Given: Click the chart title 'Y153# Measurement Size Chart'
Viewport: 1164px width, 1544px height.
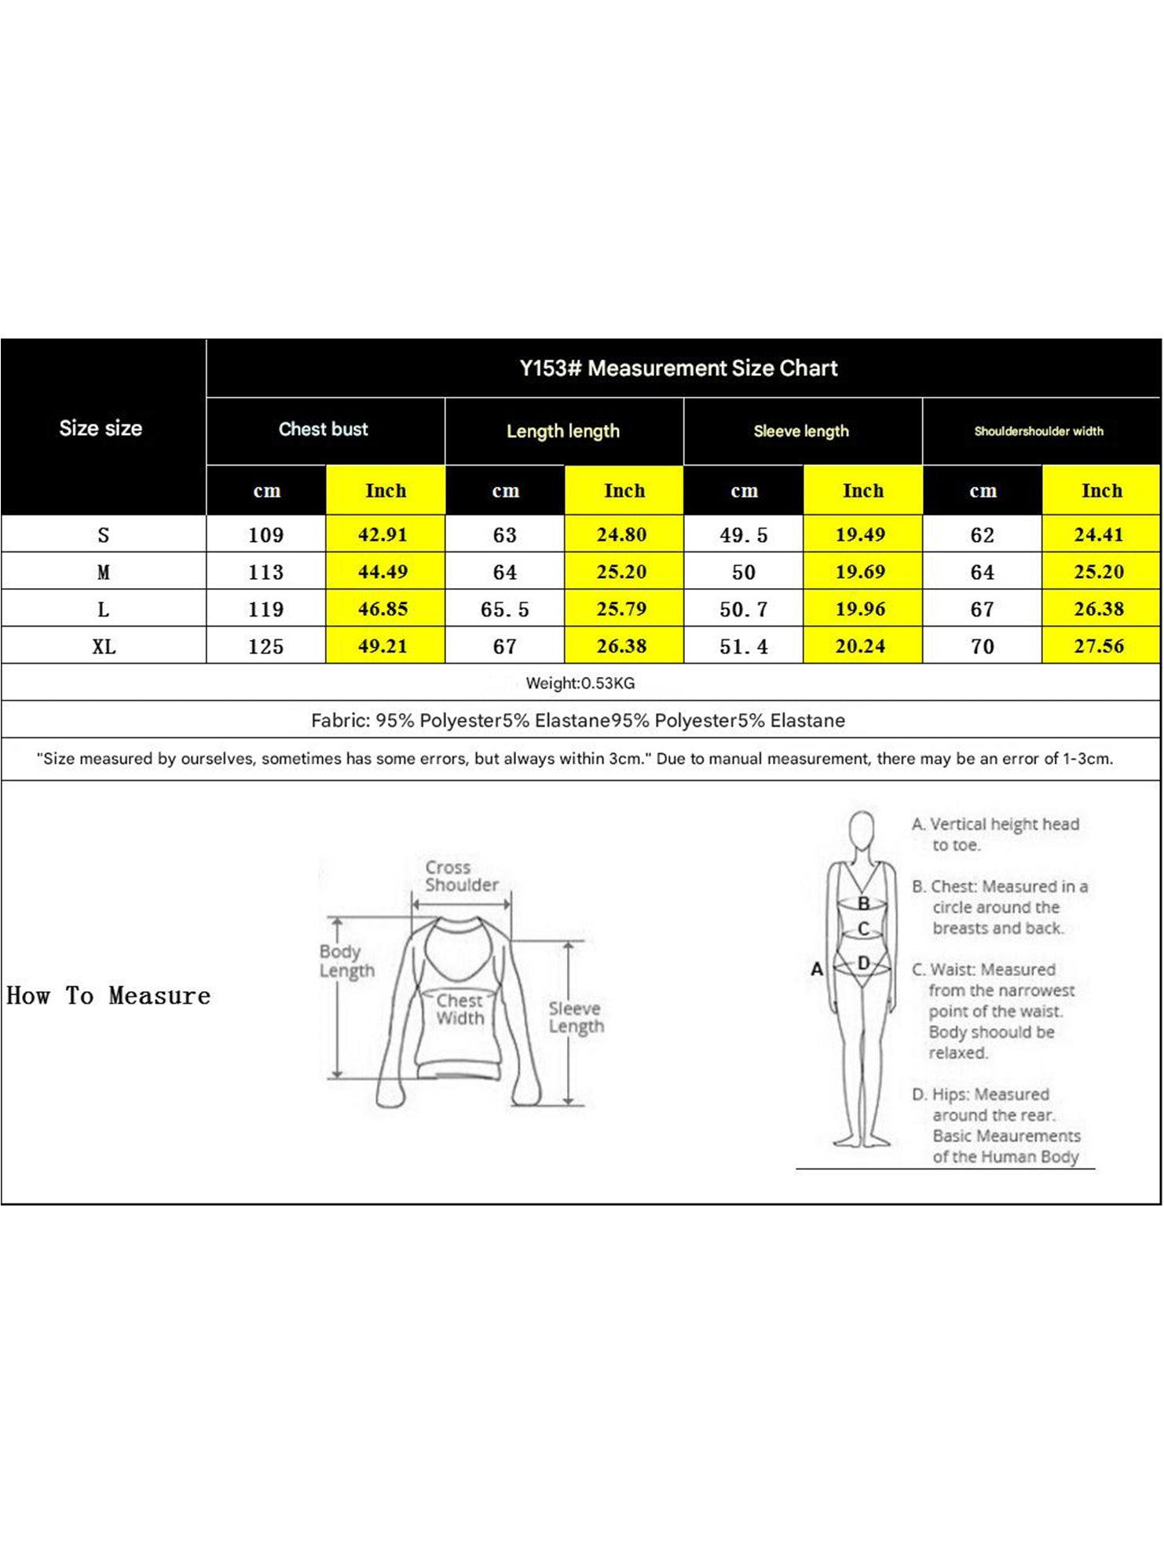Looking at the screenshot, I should pos(679,368).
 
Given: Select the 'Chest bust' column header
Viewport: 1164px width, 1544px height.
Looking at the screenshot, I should pos(324,430).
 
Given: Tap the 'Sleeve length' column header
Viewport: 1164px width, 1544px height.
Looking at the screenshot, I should pos(801,431).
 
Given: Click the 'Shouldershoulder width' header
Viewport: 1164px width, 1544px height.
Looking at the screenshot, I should pos(1038,431).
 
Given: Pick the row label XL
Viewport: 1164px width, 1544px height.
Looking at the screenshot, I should pos(104,647).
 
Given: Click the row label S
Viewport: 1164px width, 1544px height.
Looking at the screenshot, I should pos(104,536).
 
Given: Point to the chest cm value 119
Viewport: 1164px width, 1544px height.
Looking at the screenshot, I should pos(265,609).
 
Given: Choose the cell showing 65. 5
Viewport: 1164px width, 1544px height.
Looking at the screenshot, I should pos(504,609).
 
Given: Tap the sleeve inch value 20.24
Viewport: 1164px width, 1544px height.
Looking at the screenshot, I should pos(860,646).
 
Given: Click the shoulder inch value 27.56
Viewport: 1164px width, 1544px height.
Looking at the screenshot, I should pos(1099,646).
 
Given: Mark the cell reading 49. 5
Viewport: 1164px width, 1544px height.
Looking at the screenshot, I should pos(743,536).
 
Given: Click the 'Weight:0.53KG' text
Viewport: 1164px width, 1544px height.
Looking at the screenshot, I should pos(580,683).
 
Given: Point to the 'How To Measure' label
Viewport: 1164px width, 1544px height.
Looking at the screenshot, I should pos(108,996).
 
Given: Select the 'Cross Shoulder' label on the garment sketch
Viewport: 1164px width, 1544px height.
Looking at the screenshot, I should pos(461,876).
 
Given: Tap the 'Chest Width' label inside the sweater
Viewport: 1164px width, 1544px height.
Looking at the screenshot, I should pos(459,1010).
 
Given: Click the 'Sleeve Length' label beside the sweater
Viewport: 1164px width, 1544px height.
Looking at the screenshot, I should pos(576,1018).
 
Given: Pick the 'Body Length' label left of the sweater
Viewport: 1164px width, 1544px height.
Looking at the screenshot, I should pos(346,961).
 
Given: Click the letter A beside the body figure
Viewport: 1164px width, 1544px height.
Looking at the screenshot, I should pos(817,969).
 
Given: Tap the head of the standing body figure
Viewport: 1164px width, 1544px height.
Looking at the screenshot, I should pos(862,829).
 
